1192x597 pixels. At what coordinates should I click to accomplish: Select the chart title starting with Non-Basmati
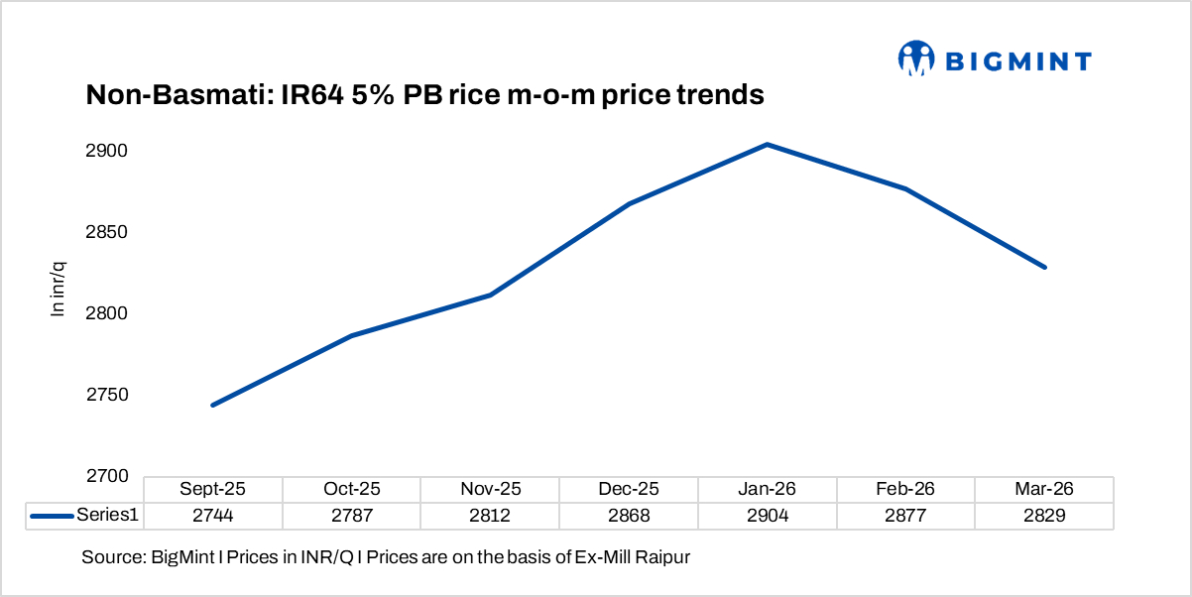[424, 95]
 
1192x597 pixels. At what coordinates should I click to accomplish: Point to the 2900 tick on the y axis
[108, 151]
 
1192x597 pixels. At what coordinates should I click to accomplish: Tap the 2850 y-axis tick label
[108, 232]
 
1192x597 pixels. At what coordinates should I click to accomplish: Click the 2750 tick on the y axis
[108, 395]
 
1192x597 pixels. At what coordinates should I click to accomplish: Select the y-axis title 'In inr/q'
[59, 288]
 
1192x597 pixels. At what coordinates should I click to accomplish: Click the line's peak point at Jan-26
[768, 145]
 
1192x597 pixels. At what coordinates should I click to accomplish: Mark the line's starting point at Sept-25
[213, 405]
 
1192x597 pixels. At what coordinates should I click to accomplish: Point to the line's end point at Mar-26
[1044, 267]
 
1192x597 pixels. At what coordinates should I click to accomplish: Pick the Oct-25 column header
[351, 489]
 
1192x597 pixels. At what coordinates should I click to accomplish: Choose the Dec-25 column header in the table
[629, 489]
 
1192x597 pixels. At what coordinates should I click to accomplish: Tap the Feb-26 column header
[906, 489]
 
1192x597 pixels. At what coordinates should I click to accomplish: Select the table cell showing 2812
[490, 516]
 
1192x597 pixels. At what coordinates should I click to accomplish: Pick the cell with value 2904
[768, 516]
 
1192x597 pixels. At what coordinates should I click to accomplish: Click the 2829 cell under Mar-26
[1044, 516]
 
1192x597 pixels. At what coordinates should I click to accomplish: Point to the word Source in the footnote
[111, 557]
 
